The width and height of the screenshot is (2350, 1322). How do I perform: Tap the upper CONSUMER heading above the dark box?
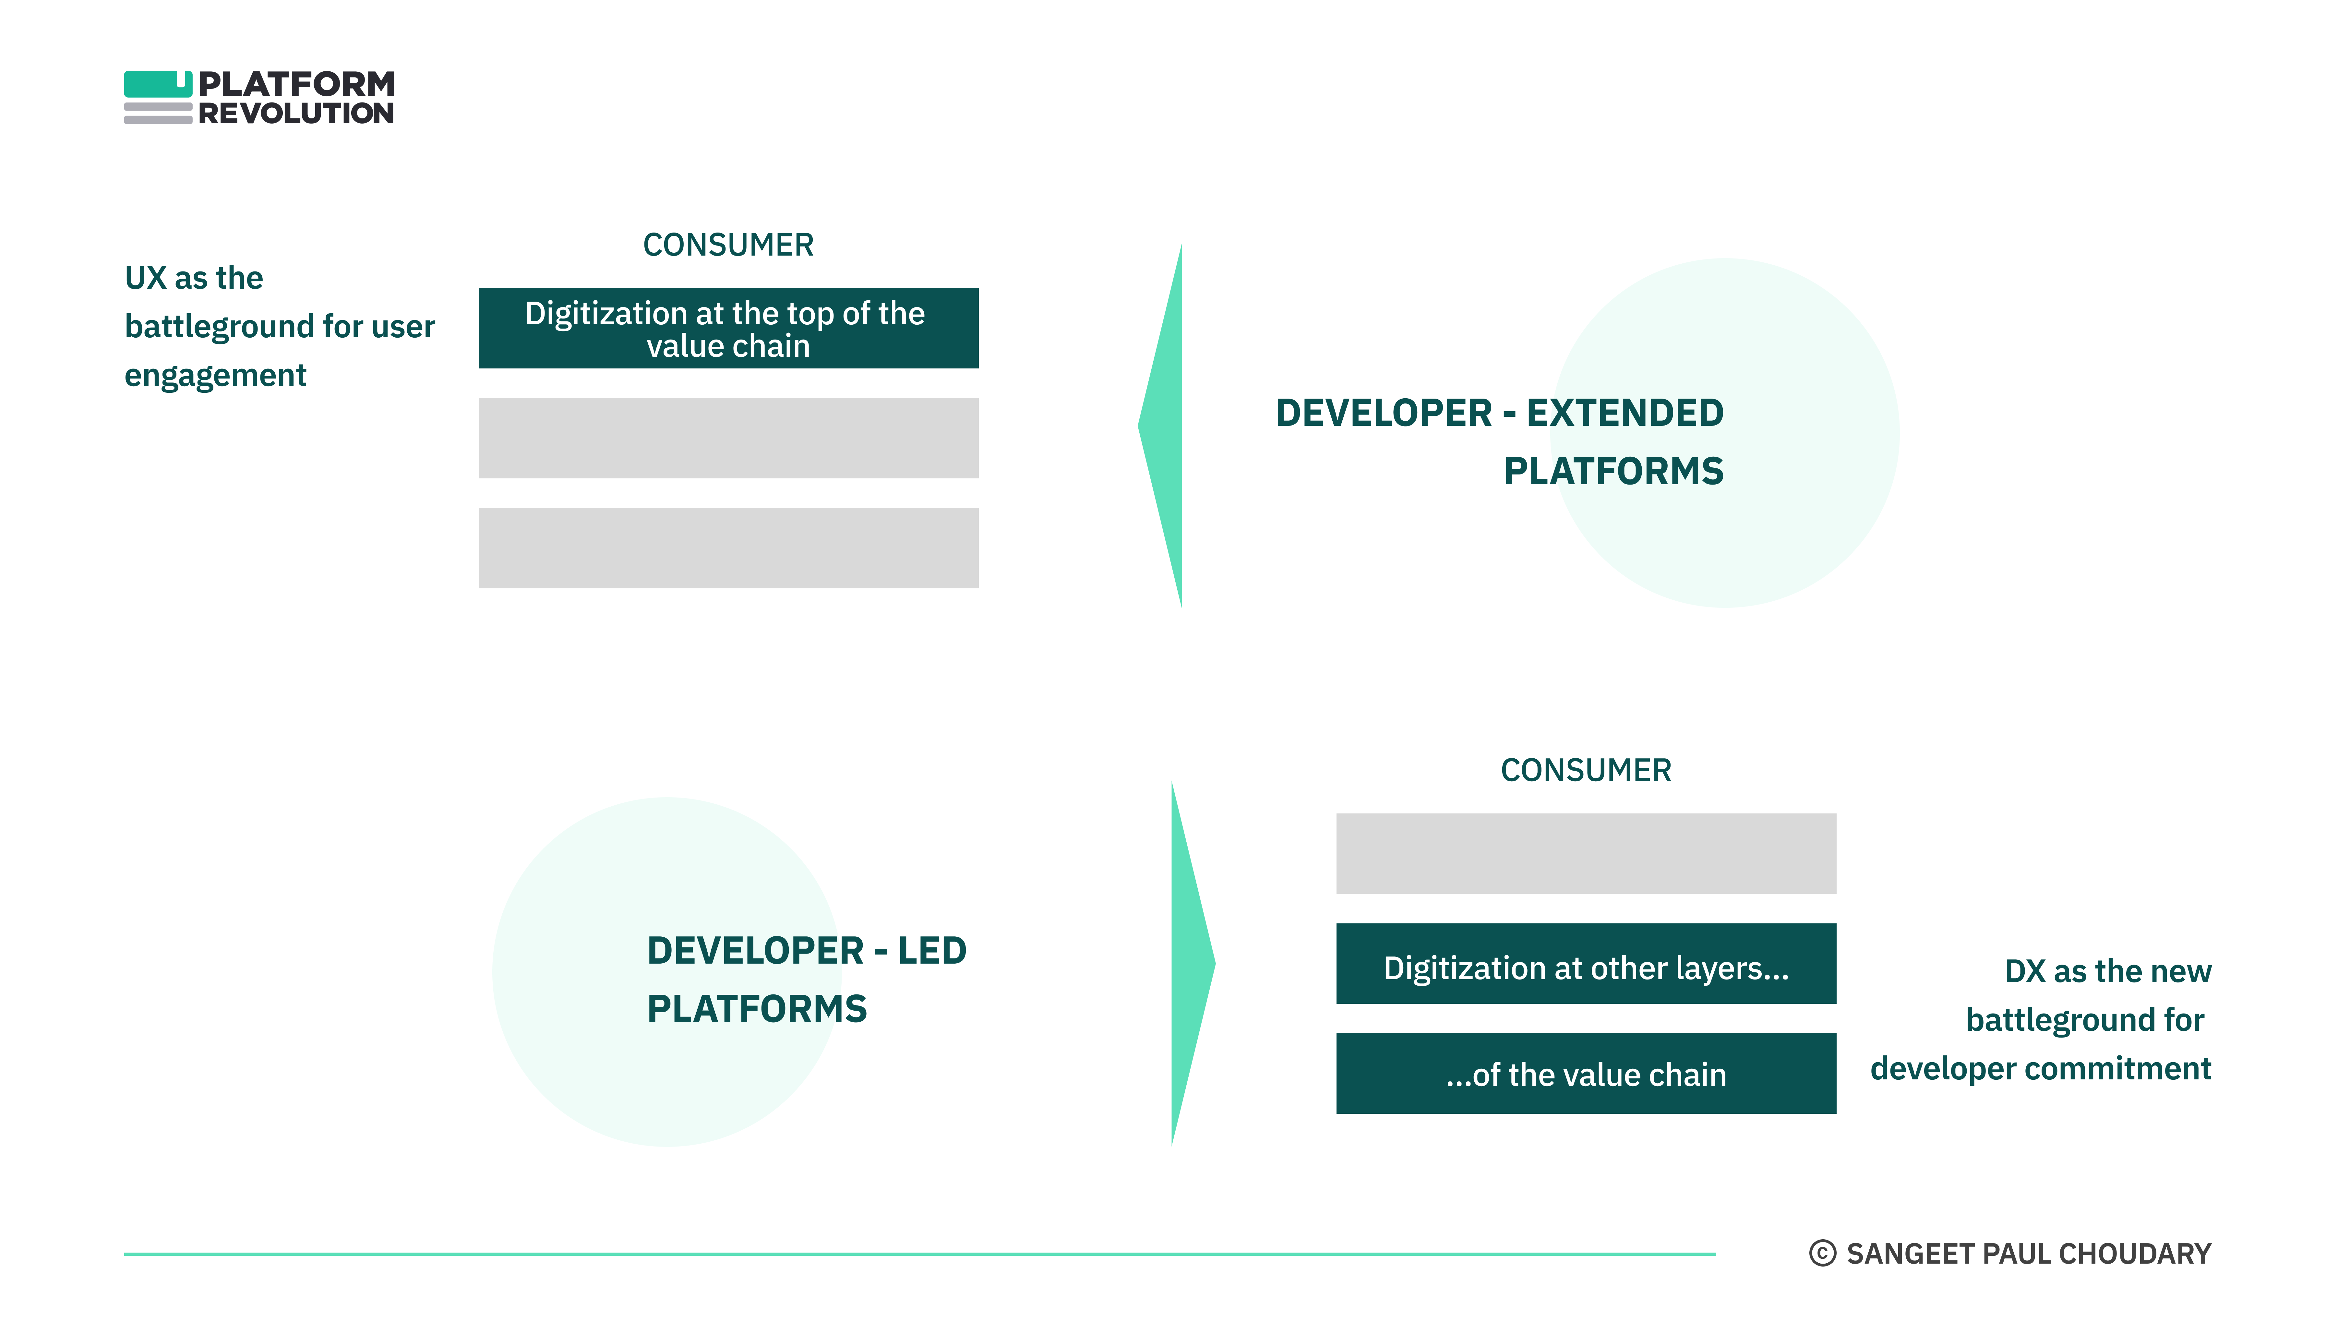click(x=728, y=245)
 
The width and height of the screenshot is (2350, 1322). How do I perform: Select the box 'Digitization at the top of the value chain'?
click(x=728, y=329)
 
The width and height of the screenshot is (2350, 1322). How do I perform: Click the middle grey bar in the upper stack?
click(x=728, y=438)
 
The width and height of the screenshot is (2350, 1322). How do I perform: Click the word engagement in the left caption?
click(x=215, y=375)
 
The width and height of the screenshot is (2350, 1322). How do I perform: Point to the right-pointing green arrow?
click(x=1191, y=964)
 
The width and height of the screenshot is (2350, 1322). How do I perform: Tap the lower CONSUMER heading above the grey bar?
click(x=1586, y=770)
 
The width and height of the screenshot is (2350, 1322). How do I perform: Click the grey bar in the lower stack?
click(x=1586, y=853)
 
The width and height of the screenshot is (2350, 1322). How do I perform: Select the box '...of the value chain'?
click(x=1586, y=1074)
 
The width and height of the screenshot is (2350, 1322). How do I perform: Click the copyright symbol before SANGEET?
click(x=1822, y=1254)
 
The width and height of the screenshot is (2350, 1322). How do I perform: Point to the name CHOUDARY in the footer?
click(x=2135, y=1254)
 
